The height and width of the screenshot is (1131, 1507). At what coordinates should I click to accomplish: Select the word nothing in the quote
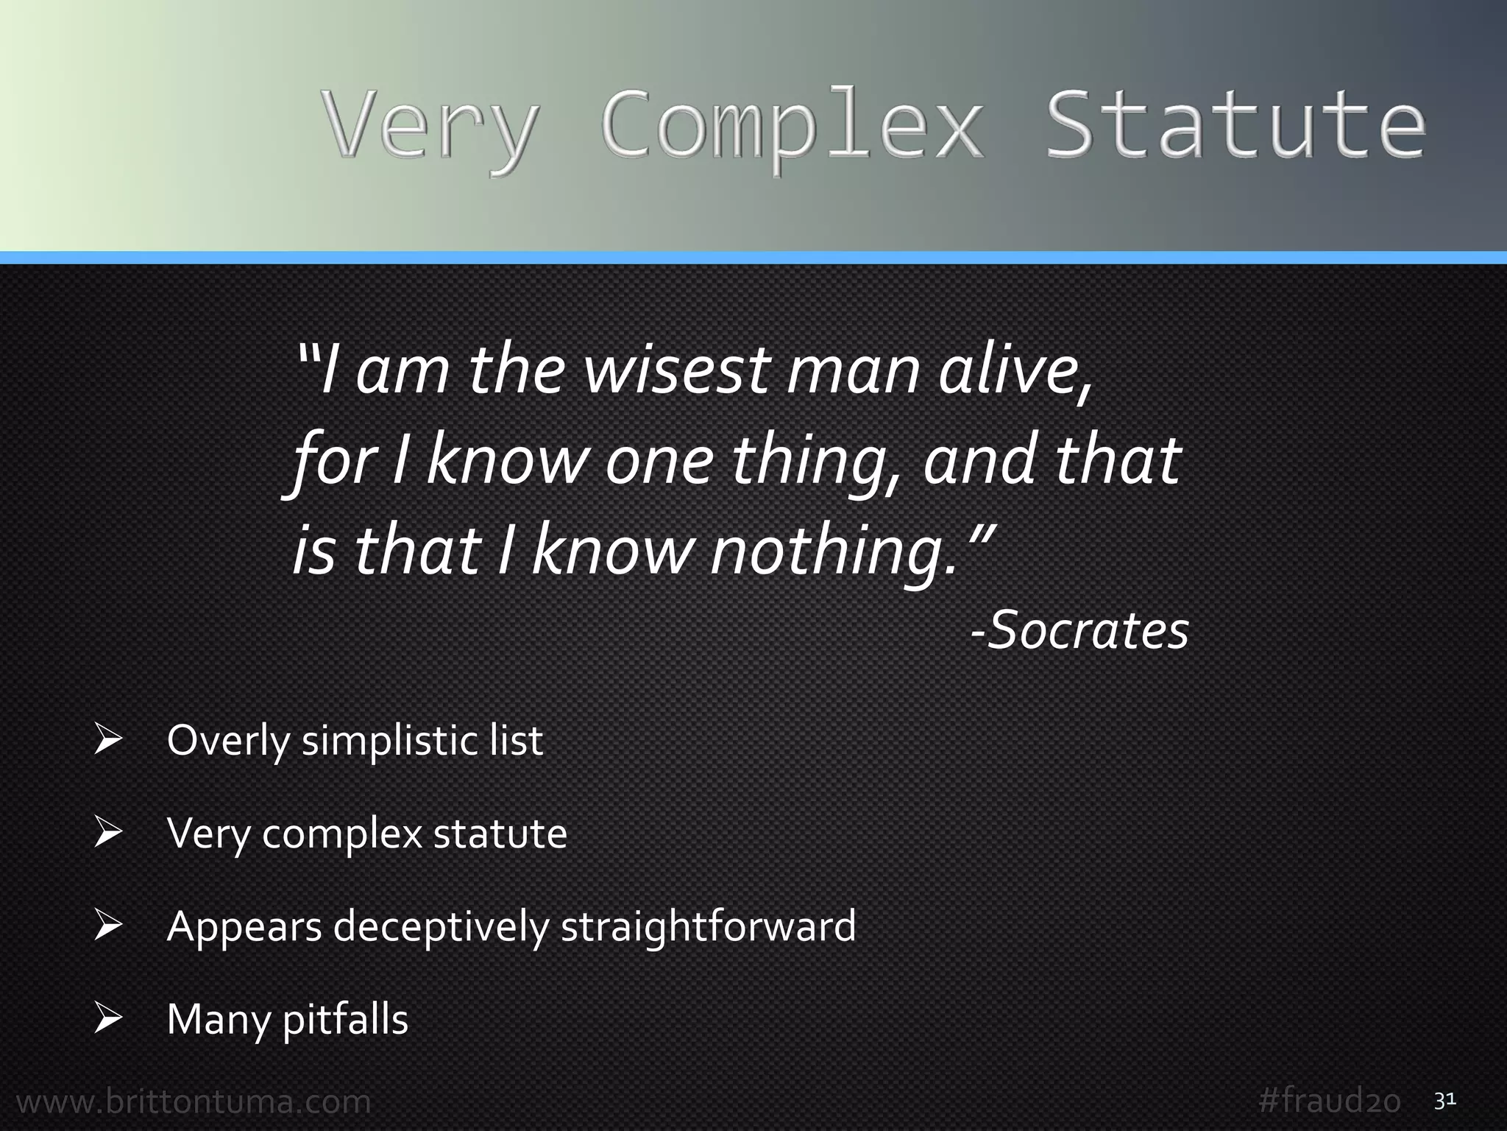(x=828, y=552)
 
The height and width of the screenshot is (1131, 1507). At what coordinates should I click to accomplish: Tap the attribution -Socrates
(x=1080, y=631)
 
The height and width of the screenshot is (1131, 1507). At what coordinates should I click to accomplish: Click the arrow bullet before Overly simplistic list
(x=107, y=740)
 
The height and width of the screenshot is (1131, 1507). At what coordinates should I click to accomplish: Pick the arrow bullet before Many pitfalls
(x=107, y=1019)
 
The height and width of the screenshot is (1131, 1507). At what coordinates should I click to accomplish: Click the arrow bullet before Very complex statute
(x=107, y=834)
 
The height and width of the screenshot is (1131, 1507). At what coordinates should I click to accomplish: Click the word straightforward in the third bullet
(x=708, y=926)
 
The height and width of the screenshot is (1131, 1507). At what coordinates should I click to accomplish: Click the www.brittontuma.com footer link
(x=194, y=1102)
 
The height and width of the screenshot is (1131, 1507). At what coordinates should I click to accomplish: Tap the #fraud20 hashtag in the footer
(x=1330, y=1102)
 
